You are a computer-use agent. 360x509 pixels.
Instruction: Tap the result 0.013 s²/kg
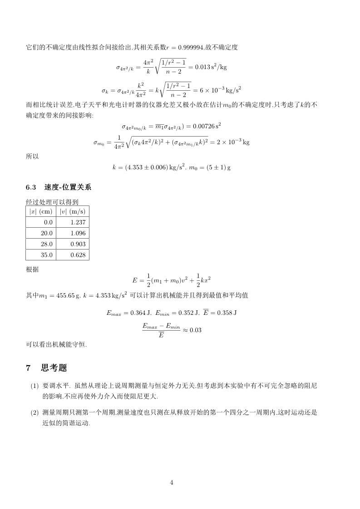coord(211,67)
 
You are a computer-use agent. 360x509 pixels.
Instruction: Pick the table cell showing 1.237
coord(78,222)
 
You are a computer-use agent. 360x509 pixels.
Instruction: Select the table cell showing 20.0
coord(48,233)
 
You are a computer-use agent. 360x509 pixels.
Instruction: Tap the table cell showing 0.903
coord(78,244)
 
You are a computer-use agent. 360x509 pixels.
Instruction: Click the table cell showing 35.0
coord(48,255)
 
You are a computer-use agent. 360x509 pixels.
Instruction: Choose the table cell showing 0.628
coord(78,255)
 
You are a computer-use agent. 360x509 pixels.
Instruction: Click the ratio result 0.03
coord(195,330)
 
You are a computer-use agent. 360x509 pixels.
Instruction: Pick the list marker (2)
coord(35,413)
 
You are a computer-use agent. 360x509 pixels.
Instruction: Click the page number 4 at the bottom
coord(172,482)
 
